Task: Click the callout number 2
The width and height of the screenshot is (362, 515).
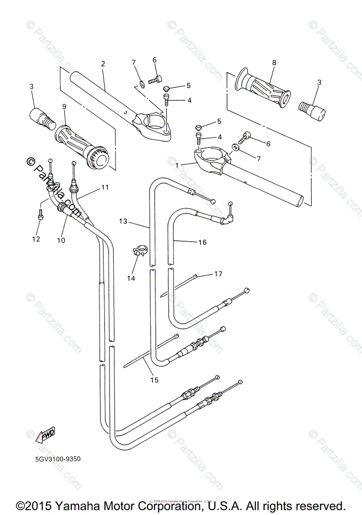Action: click(x=103, y=64)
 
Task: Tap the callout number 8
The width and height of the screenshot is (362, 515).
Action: click(x=274, y=63)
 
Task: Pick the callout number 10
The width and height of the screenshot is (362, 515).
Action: click(x=61, y=240)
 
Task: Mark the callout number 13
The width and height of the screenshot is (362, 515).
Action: click(x=123, y=221)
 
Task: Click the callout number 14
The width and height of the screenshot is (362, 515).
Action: click(x=131, y=278)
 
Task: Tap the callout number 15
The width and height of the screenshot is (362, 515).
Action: click(x=154, y=379)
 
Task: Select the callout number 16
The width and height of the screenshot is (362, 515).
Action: click(x=202, y=242)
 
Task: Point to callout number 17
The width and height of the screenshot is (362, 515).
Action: click(x=218, y=273)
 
